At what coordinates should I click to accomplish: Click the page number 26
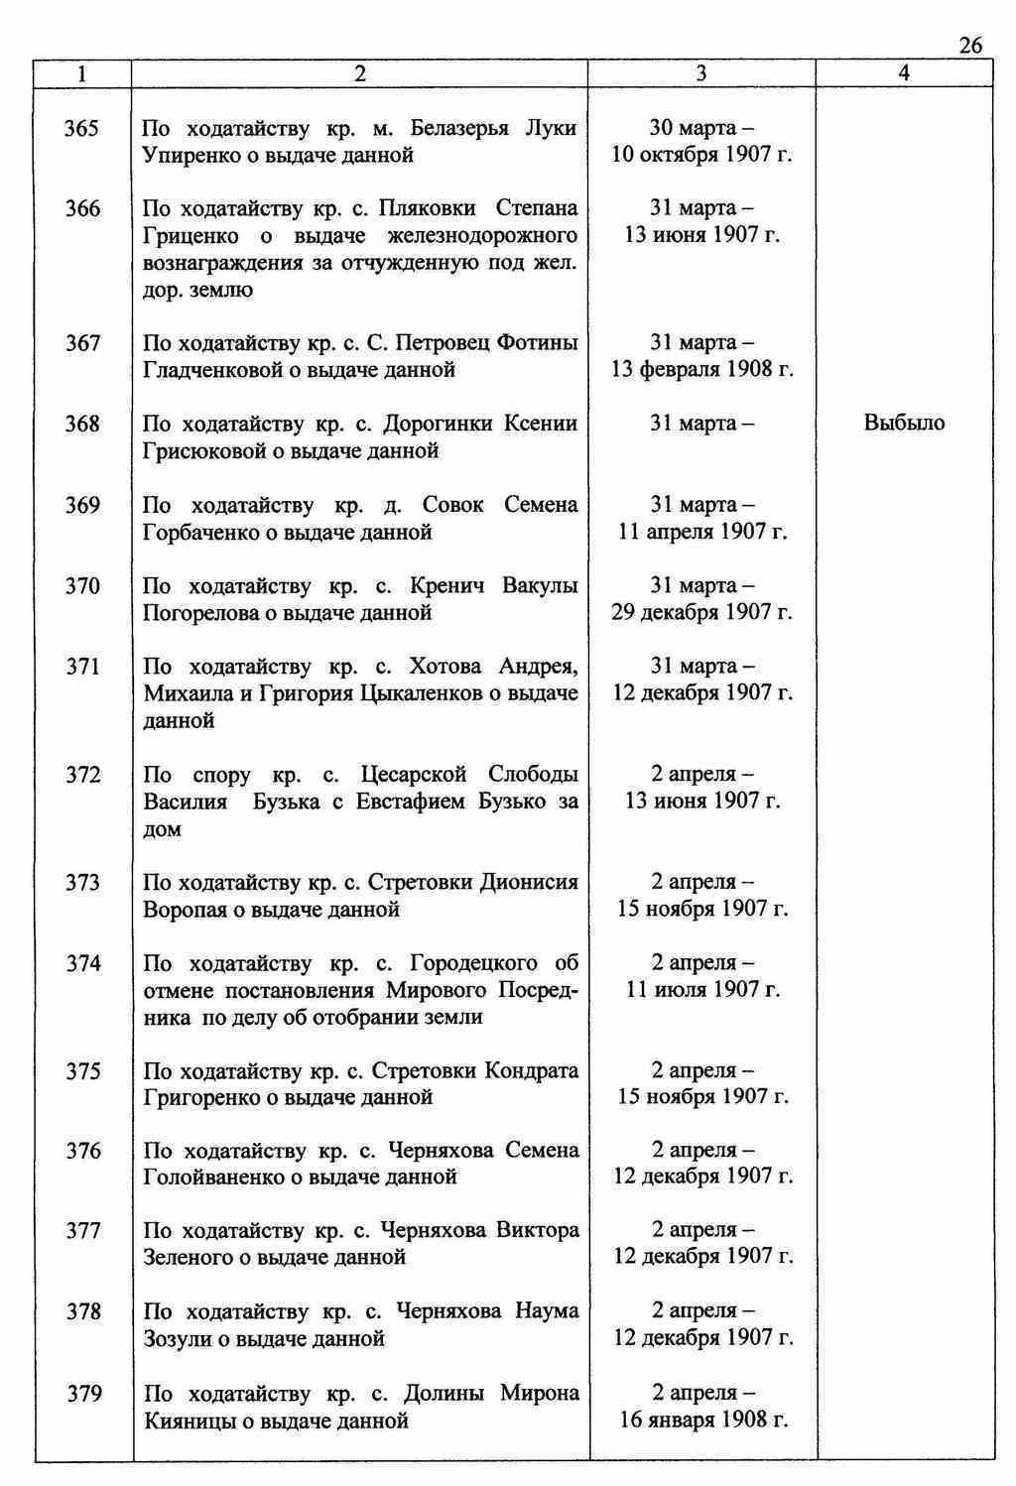[x=970, y=46]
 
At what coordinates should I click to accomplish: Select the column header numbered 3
[x=701, y=73]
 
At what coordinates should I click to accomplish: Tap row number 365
[x=82, y=129]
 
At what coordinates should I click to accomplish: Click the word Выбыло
[x=904, y=424]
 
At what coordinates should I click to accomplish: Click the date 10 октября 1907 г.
[x=701, y=156]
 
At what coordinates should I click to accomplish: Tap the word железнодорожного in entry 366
[x=494, y=236]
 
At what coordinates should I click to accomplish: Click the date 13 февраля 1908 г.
[x=701, y=370]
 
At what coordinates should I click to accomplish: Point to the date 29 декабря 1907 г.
[x=701, y=612]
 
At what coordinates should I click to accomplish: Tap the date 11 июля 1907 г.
[x=701, y=990]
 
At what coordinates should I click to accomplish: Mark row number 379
[x=84, y=1394]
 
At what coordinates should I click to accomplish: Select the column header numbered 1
[x=82, y=73]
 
